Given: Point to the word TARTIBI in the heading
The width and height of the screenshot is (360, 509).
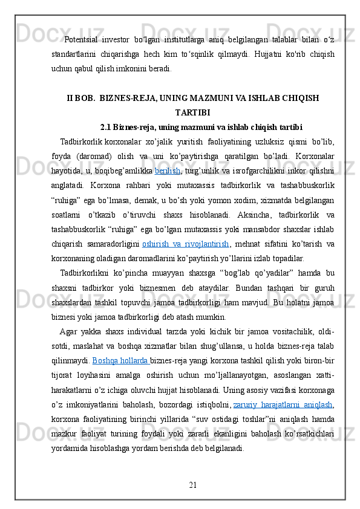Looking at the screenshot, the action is click(192, 112).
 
